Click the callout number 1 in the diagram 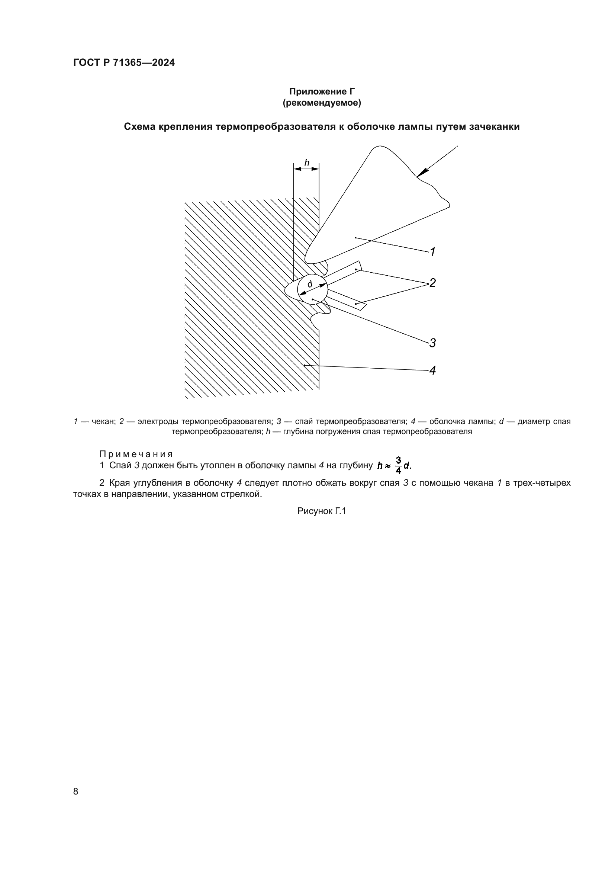[433, 251]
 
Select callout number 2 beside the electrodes [432, 283]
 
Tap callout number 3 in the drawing [432, 343]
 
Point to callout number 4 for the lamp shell [432, 370]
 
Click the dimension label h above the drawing [307, 163]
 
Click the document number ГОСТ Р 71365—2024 [124, 63]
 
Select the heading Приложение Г [322, 92]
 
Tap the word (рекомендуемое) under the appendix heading [322, 103]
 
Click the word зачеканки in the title [494, 127]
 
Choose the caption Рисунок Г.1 [322, 511]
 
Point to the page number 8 [76, 791]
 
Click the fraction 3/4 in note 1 [398, 465]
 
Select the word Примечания [136, 454]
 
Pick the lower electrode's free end [362, 306]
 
